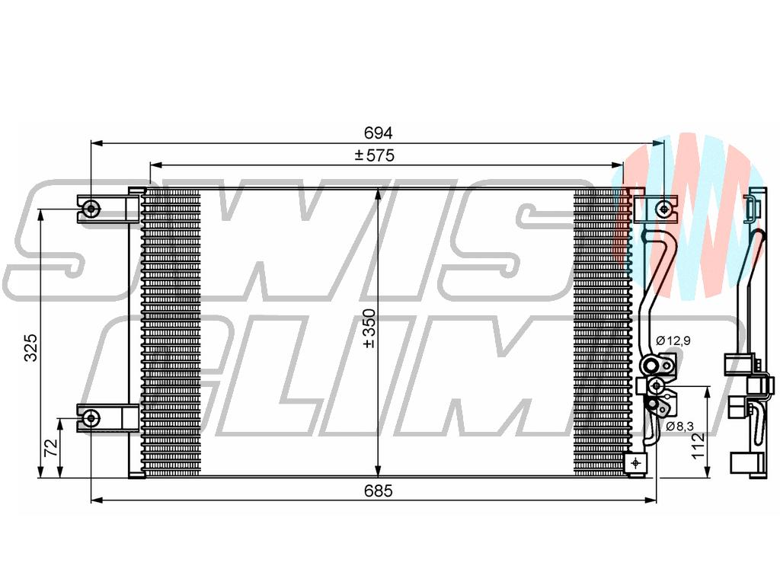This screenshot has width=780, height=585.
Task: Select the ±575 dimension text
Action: pos(374,156)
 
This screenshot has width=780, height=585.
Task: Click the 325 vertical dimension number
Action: pos(31,347)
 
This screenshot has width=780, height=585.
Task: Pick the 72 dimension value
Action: pos(51,448)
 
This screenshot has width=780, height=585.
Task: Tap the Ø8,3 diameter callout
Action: pos(678,427)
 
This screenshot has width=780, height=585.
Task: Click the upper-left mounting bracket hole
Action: pos(91,207)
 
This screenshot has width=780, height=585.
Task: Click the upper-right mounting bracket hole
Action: pos(664,208)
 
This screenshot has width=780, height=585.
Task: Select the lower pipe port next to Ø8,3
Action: pos(655,386)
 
